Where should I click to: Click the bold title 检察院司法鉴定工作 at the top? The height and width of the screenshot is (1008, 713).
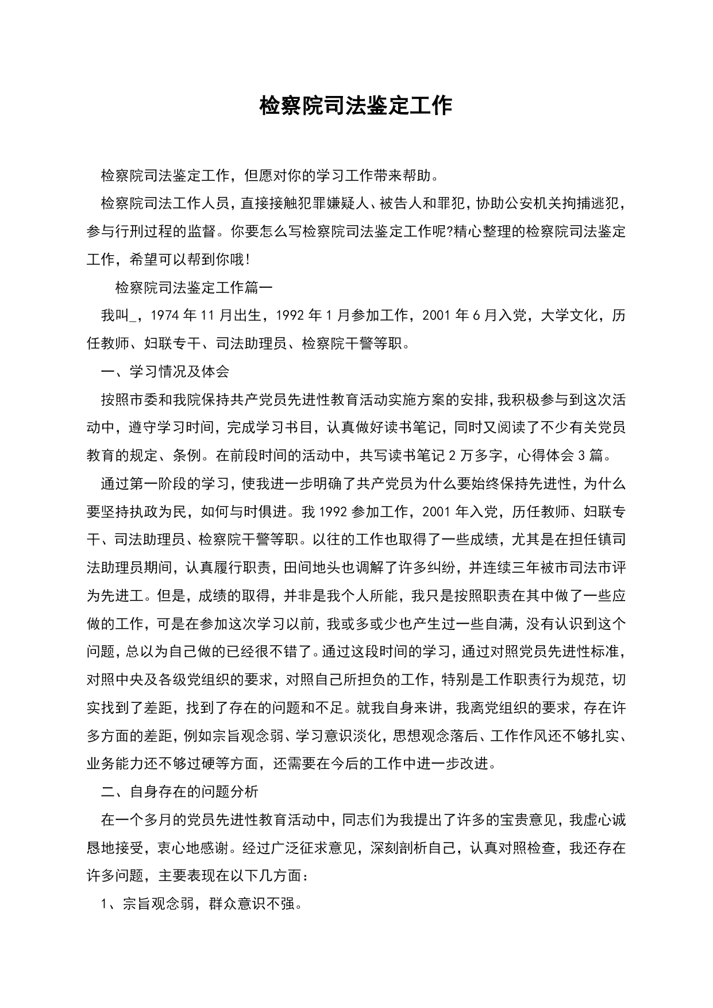(356, 106)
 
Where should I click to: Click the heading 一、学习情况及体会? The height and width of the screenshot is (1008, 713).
(165, 371)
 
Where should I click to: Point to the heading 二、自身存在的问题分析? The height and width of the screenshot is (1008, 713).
(179, 791)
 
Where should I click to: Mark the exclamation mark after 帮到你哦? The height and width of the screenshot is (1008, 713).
(247, 260)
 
